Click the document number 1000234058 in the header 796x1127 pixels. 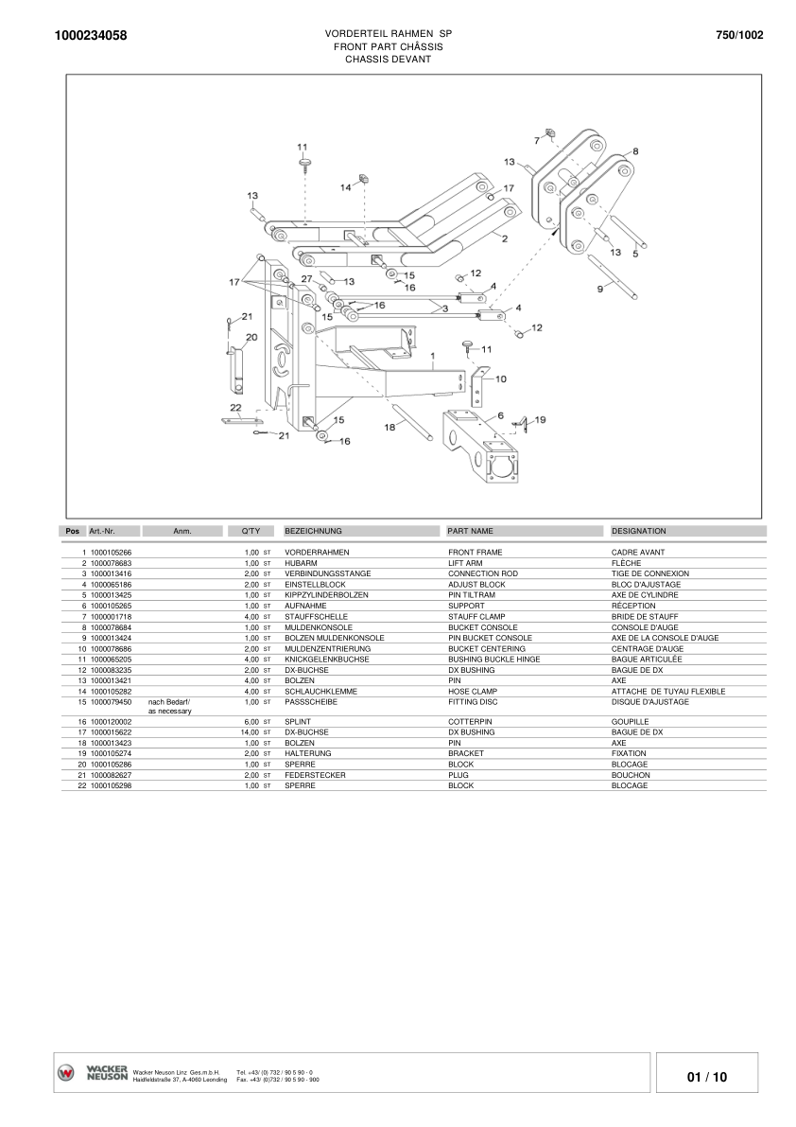click(92, 36)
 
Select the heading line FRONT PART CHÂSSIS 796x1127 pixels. click(388, 46)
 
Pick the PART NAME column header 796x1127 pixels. click(470, 531)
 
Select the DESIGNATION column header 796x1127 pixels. click(638, 531)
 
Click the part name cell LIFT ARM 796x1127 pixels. click(465, 563)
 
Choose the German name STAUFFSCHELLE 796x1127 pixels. click(316, 617)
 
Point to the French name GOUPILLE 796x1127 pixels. click(631, 721)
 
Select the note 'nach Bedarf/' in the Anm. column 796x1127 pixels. click(169, 701)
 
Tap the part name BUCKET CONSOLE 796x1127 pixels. click(482, 627)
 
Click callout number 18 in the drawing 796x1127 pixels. click(389, 427)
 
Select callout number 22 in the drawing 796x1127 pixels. click(235, 408)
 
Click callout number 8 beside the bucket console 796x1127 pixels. click(635, 150)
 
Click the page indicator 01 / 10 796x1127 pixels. click(707, 1077)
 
